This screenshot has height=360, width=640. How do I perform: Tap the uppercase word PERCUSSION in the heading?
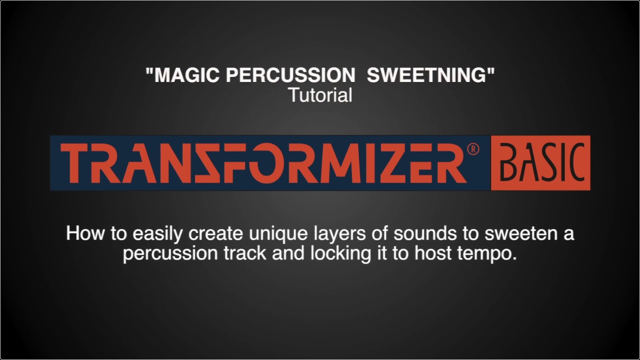284,75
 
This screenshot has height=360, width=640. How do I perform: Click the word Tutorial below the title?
320,94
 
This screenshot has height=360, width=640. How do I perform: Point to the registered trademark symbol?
472,149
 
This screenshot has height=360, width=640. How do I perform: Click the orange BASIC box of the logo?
540,162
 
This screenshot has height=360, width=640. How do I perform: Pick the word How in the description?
83,233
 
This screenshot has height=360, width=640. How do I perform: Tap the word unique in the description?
269,234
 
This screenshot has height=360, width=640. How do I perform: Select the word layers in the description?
330,234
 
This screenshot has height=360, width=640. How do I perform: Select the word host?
433,253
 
